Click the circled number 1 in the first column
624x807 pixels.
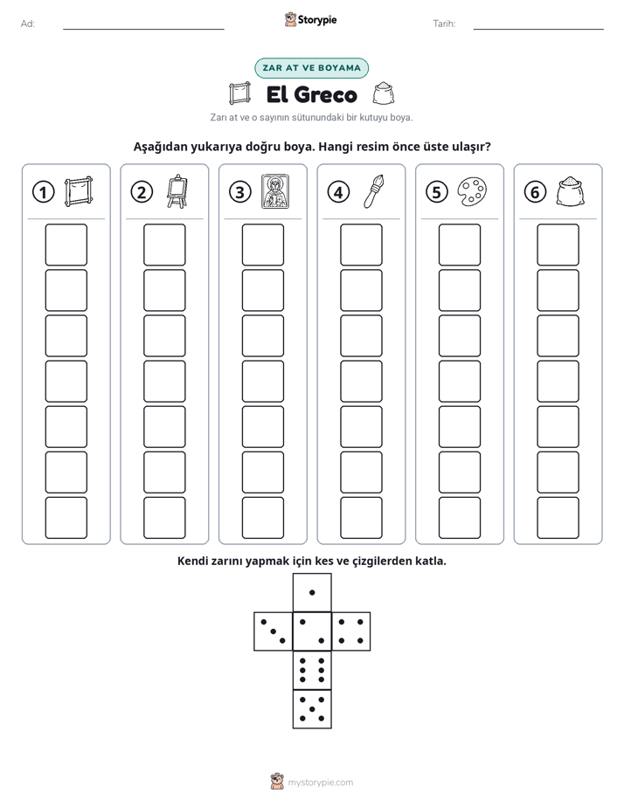tap(43, 192)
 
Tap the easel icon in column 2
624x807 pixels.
tap(177, 191)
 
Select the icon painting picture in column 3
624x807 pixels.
tap(275, 191)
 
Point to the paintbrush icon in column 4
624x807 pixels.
tap(373, 191)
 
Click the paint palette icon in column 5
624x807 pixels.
tap(472, 191)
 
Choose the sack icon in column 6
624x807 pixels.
tap(571, 191)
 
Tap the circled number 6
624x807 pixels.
tap(535, 192)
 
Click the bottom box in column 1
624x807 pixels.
tap(66, 518)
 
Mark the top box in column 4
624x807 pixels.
tap(361, 245)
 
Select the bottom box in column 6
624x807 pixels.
tap(558, 518)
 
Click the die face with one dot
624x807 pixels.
tap(312, 592)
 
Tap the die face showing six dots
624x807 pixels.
tap(312, 670)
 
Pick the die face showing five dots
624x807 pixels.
tap(312, 708)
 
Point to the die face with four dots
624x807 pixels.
tap(351, 631)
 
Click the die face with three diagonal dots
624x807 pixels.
tap(274, 631)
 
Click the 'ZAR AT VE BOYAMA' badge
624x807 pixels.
tap(311, 68)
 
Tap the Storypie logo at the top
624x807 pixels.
tap(311, 20)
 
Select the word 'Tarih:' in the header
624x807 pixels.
tap(444, 24)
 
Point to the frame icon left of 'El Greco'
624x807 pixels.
tap(240, 93)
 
